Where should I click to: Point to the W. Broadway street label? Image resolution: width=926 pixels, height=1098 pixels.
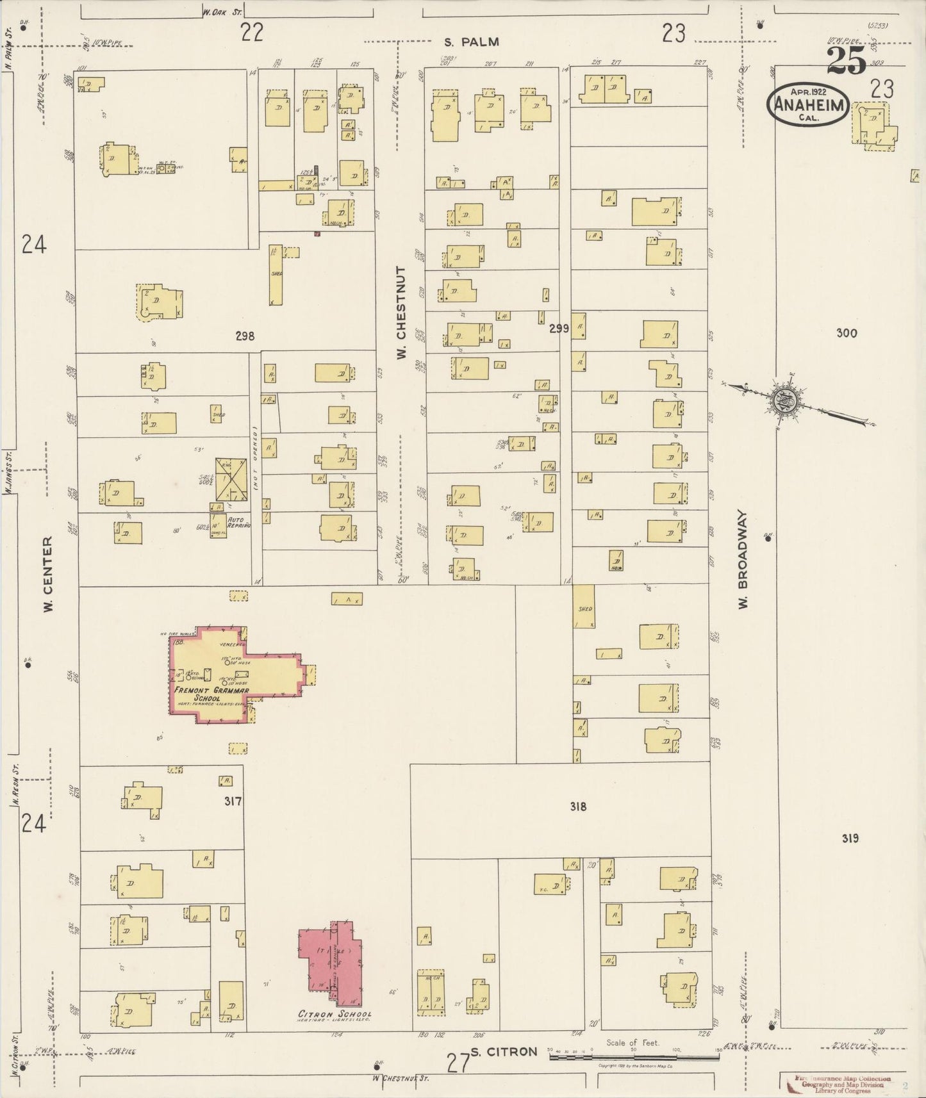743,559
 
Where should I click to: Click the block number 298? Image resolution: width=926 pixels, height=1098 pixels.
245,336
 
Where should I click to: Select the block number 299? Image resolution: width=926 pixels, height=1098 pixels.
559,329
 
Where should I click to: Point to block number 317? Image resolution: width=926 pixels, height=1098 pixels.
233,801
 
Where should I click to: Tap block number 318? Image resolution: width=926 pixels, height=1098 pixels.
578,807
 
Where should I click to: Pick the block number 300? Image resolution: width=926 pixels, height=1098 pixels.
847,333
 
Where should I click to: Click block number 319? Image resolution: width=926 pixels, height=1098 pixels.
849,838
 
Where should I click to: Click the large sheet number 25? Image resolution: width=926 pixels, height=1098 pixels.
846,61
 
